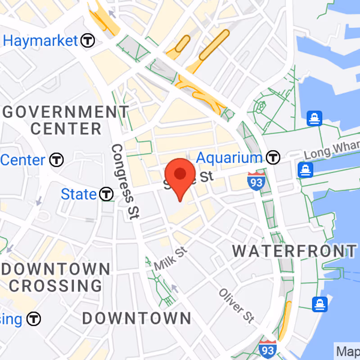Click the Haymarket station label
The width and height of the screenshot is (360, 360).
point(40,40)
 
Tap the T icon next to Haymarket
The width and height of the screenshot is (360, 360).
point(88,41)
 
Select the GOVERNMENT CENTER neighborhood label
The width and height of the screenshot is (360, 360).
point(66,120)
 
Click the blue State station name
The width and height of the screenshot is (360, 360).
point(79,194)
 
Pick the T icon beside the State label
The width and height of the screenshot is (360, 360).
point(106,194)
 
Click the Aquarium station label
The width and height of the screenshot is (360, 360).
point(229,158)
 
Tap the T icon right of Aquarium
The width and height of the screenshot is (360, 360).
point(273,157)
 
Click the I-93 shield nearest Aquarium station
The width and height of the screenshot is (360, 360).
point(256,180)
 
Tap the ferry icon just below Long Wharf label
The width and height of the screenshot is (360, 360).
point(306,170)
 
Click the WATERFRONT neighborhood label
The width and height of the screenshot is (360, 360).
point(294,251)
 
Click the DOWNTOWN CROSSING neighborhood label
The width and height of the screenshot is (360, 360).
point(56,277)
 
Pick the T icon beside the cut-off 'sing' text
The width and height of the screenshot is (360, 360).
point(34,319)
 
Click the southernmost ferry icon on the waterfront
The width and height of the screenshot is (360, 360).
point(320,304)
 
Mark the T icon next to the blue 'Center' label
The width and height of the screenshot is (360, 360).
point(57,160)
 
